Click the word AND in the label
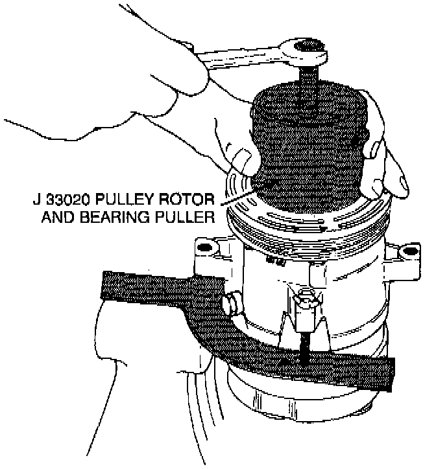click(56, 217)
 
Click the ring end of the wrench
click(305, 51)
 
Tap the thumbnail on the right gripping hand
click(374, 153)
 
